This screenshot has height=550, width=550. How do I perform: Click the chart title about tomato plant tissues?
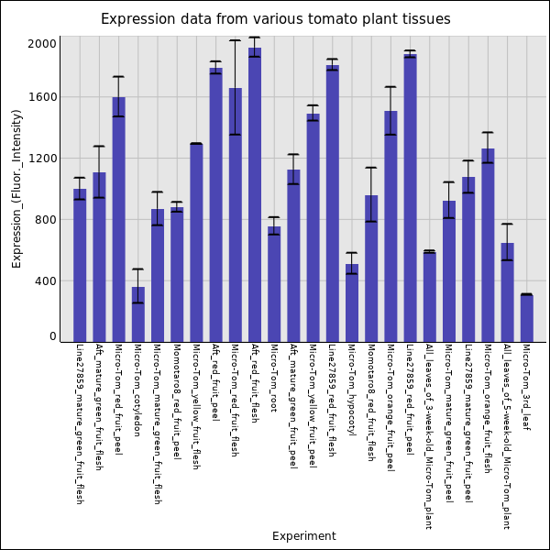pyautogui.click(x=275, y=19)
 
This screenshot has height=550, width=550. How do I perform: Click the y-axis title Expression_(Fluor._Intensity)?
pyautogui.click(x=16, y=188)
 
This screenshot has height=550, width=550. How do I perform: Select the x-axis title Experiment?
pyautogui.click(x=303, y=536)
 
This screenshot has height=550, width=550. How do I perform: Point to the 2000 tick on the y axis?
pyautogui.click(x=42, y=43)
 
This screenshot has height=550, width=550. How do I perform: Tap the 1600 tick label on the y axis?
pyautogui.click(x=42, y=97)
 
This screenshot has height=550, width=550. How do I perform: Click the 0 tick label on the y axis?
pyautogui.click(x=52, y=336)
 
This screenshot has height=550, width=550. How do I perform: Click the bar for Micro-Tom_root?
pyautogui.click(x=274, y=284)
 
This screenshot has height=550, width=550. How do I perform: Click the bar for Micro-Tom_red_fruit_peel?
pyautogui.click(x=118, y=219)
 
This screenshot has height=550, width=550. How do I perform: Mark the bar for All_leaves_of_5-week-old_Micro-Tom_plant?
pyautogui.click(x=507, y=292)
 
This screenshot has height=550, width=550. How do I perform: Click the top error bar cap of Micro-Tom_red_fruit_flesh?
pyautogui.click(x=235, y=40)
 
